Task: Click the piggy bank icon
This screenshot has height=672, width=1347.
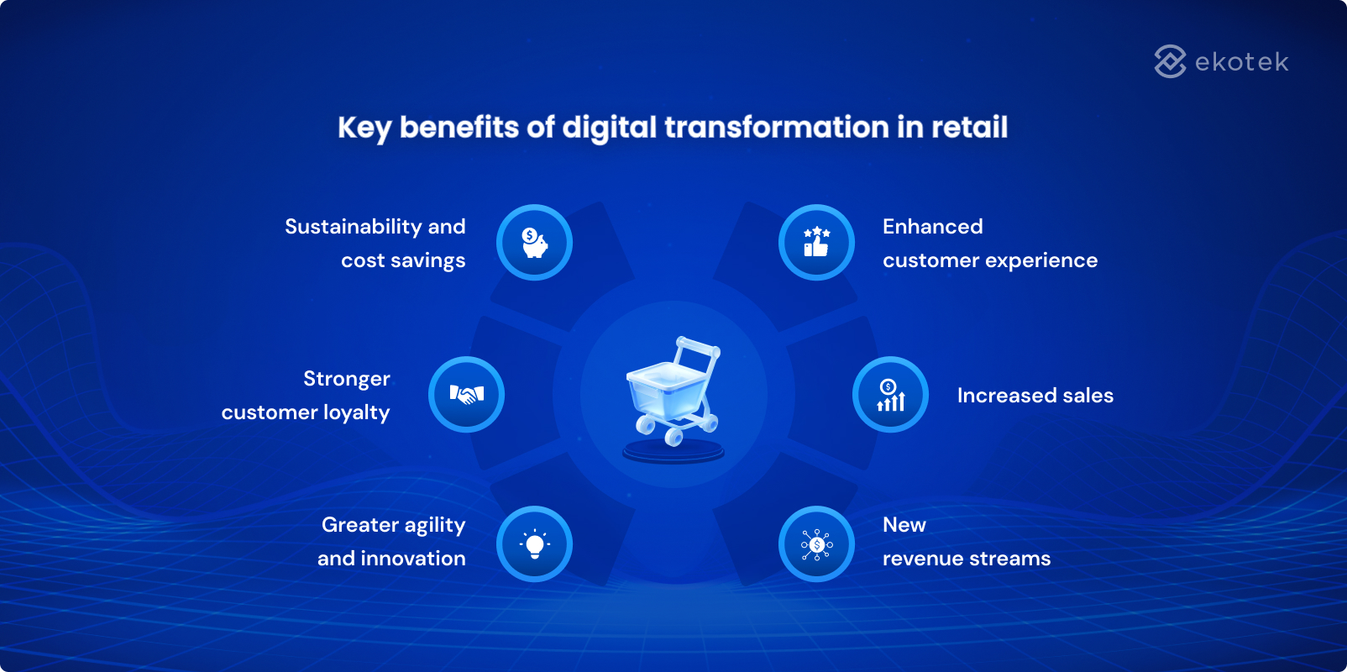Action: (x=534, y=243)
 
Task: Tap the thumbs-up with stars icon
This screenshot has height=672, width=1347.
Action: (x=816, y=243)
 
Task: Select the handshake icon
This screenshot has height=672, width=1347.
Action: (x=466, y=394)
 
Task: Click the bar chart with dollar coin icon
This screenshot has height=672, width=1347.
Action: (x=890, y=395)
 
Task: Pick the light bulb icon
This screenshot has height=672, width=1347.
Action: (x=534, y=544)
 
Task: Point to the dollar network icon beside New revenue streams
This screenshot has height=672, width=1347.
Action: (x=816, y=544)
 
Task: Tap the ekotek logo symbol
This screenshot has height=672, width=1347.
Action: (x=1170, y=61)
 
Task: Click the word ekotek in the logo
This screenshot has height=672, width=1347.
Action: (x=1241, y=62)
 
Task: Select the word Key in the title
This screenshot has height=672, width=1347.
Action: (x=364, y=128)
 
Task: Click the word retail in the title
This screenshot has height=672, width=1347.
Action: (x=969, y=128)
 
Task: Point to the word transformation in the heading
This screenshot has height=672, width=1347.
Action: (x=777, y=128)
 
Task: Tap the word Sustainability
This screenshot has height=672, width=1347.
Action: (x=353, y=227)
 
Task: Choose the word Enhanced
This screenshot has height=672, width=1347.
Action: (x=932, y=227)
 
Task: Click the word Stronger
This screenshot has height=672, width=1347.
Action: (x=346, y=379)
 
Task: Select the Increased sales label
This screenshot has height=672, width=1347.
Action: (x=1035, y=396)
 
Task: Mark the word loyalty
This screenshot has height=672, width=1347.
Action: (x=356, y=413)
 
